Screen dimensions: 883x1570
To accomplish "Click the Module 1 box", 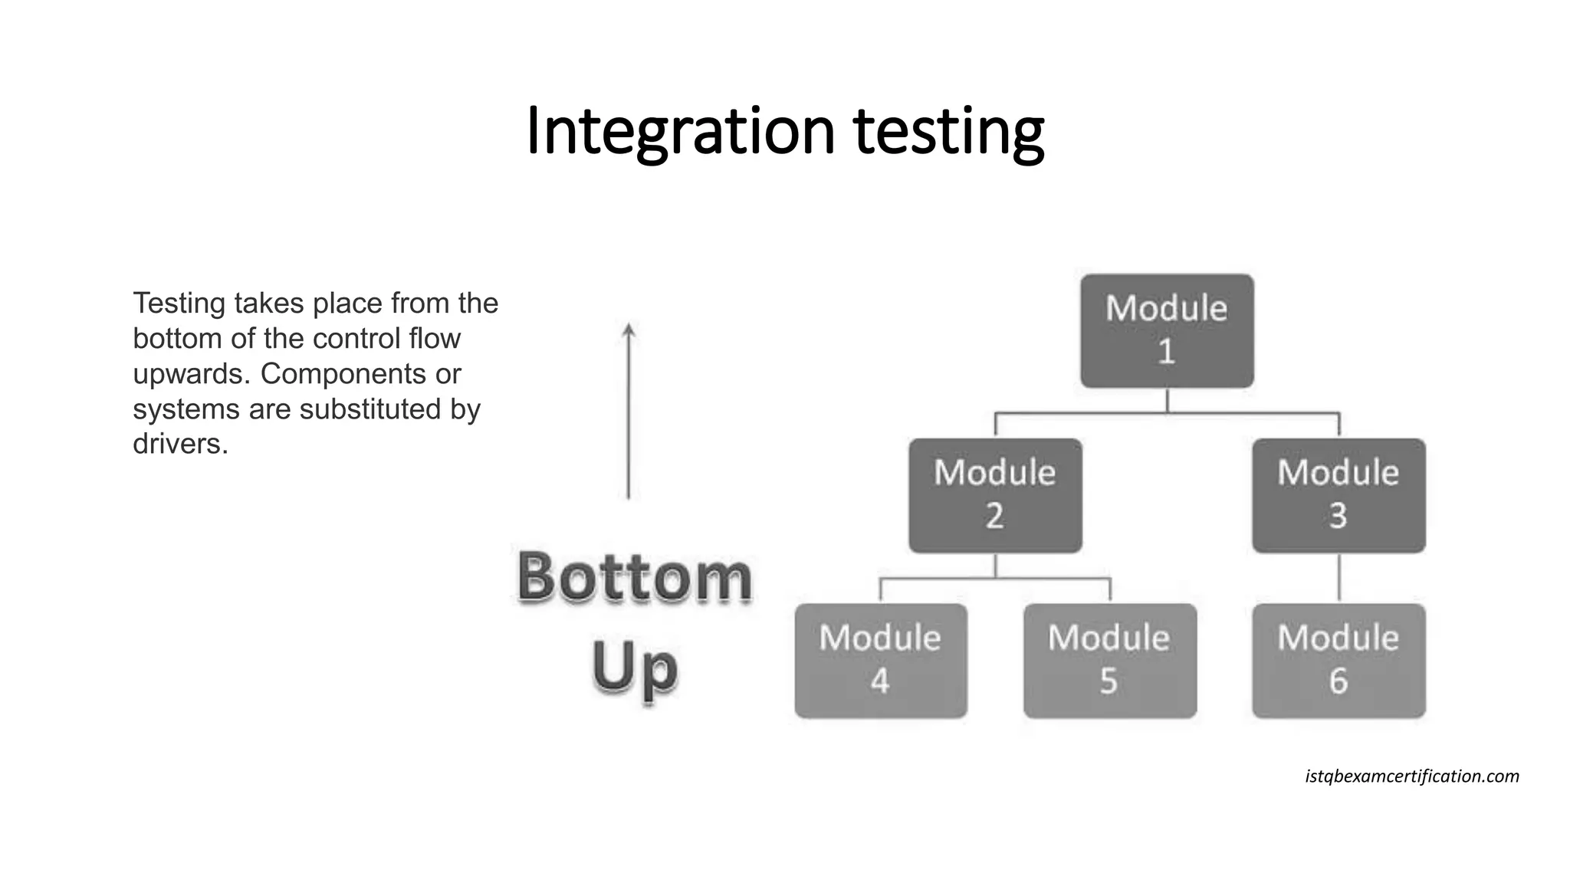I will (1167, 331).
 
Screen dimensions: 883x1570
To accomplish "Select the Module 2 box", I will (995, 495).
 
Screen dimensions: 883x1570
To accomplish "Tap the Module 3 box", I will (1338, 495).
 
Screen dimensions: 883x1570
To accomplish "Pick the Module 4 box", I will (881, 661).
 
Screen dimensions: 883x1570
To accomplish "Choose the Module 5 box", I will (1109, 661).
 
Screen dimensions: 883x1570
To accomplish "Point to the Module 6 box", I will (1338, 661).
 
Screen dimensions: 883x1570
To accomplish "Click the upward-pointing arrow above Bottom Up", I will (629, 411).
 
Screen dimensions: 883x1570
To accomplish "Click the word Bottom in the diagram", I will (635, 576).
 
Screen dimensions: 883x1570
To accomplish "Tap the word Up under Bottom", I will (635, 667).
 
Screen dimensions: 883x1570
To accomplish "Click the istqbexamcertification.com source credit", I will (1411, 776).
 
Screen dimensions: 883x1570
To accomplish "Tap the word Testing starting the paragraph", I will (179, 304).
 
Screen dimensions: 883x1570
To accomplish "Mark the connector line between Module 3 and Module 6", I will (1339, 578).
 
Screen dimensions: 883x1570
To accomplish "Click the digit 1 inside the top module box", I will (1166, 352).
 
